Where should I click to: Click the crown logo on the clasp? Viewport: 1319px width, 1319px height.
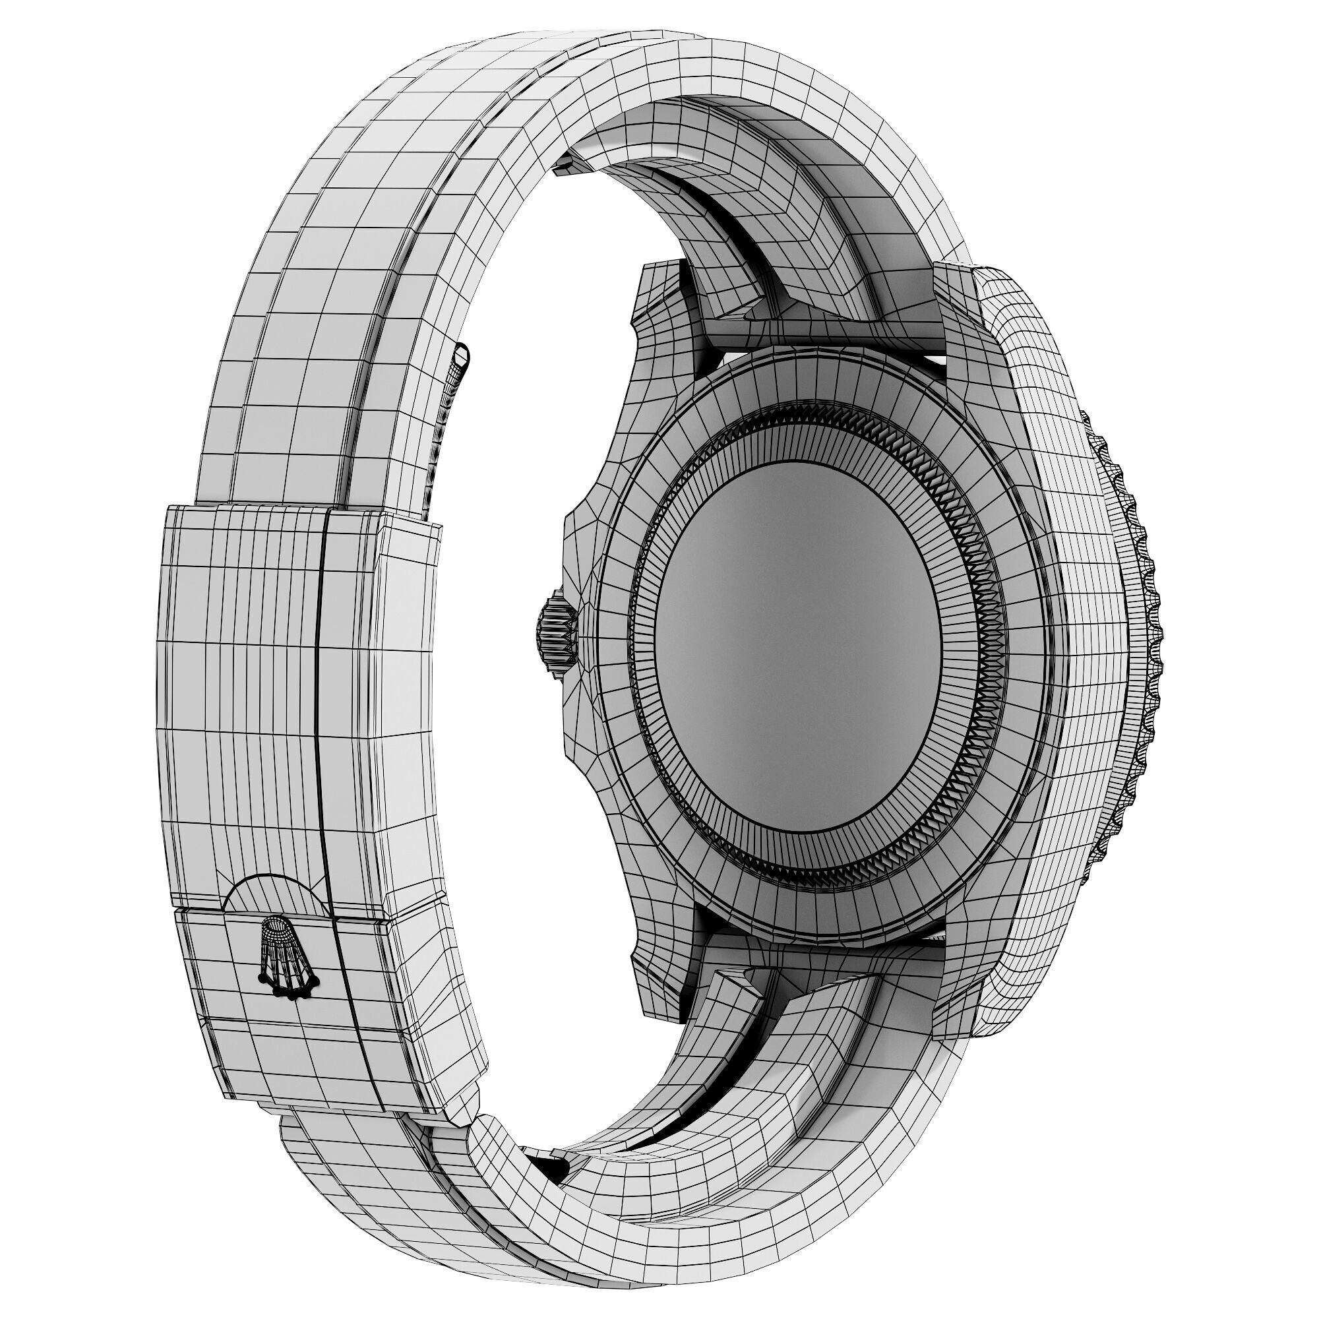click(288, 957)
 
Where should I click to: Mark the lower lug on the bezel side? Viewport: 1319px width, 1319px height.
click(956, 983)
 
